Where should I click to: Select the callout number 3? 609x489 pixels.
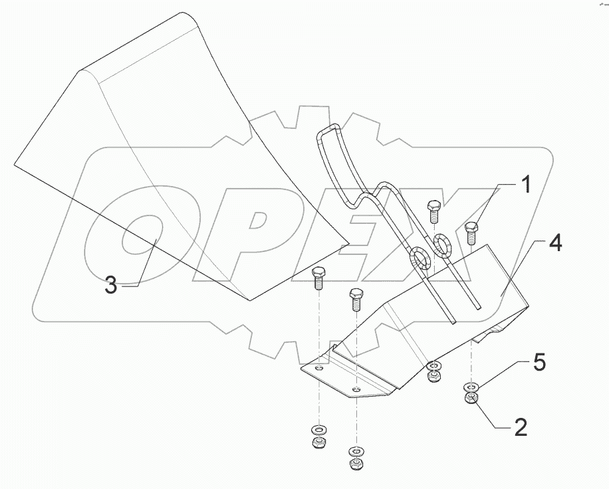(x=111, y=286)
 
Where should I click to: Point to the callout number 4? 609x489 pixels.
(x=555, y=244)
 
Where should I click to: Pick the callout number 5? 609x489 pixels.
(x=540, y=362)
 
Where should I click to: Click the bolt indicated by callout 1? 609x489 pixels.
(x=471, y=233)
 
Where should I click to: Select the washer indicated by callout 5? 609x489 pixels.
(x=471, y=387)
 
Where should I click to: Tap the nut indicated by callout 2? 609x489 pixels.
(x=471, y=398)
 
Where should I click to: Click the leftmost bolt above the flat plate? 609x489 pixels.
(x=318, y=279)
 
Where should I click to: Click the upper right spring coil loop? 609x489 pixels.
(x=442, y=243)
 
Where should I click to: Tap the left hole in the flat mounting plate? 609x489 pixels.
(x=320, y=367)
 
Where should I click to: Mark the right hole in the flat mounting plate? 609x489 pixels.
(x=356, y=389)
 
